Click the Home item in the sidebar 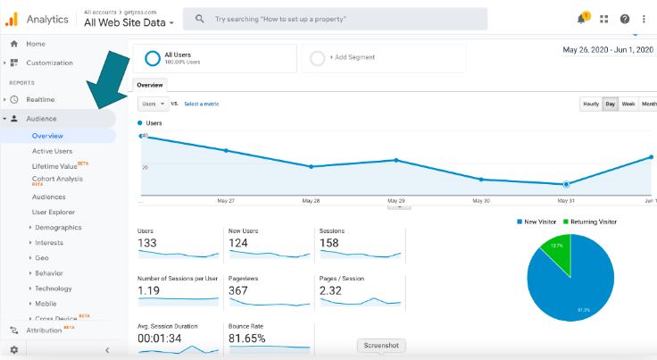click(x=36, y=44)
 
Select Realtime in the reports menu click(x=40, y=99)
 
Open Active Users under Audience click(x=52, y=151)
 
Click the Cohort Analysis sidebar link click(x=56, y=179)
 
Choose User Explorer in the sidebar click(x=54, y=212)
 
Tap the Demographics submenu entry click(x=58, y=227)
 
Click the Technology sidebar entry click(x=53, y=289)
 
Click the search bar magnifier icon click(x=198, y=19)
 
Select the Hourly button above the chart click(x=590, y=104)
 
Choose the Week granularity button click(x=628, y=104)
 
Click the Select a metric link click(x=201, y=104)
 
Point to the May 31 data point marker click(x=566, y=184)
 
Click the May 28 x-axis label click(x=311, y=201)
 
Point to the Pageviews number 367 click(x=237, y=290)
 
